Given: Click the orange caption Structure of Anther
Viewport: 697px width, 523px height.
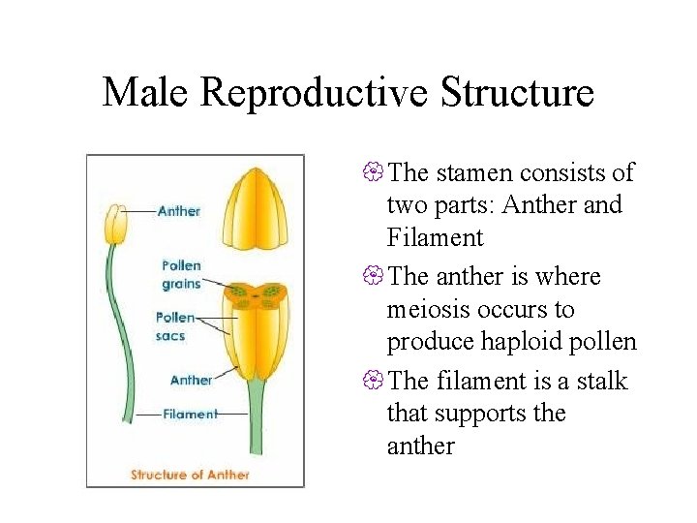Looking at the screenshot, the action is (x=190, y=475).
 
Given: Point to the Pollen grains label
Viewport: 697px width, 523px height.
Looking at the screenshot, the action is (x=181, y=274).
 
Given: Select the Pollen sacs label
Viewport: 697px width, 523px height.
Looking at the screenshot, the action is (x=175, y=326).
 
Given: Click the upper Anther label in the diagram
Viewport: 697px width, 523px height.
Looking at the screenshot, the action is (x=178, y=210).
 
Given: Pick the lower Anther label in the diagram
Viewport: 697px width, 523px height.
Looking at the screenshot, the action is (x=191, y=380).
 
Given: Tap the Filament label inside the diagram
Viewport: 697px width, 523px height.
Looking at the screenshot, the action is (x=190, y=414).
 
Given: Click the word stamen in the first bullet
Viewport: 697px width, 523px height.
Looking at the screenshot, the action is (x=473, y=173).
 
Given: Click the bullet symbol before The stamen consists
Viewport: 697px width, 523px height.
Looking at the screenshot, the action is (x=374, y=173).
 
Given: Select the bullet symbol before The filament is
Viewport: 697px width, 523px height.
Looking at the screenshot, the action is (x=374, y=382).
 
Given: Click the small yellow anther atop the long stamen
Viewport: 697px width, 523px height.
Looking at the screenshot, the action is (x=116, y=224).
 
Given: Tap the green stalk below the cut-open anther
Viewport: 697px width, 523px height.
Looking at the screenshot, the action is (x=256, y=426).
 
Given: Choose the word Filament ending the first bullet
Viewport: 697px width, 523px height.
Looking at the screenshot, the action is (x=433, y=238).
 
